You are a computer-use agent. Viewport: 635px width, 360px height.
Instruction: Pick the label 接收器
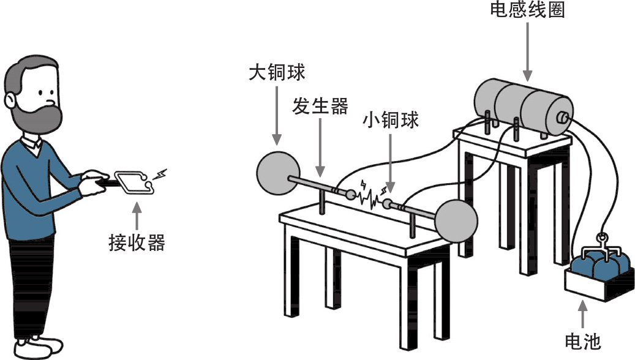click(137, 243)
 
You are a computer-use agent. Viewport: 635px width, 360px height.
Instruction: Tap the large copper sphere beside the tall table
click(456, 219)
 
